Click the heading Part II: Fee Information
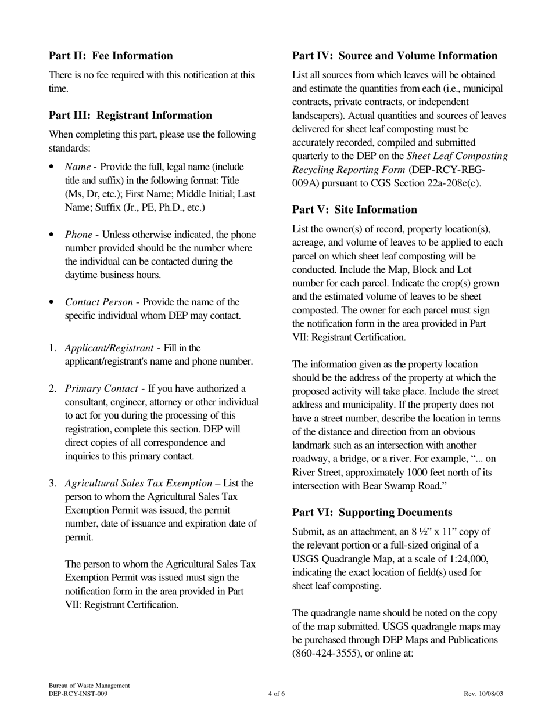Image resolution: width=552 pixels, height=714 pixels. coord(110,56)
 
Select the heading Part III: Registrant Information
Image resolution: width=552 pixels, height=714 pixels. coord(130,116)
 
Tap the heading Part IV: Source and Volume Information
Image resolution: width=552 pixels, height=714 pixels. coord(395,56)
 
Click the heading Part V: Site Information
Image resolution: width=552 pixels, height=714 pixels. coord(354,210)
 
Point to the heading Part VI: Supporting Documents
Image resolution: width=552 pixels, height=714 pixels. coord(372,513)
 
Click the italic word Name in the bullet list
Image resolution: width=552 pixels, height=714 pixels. coord(77,167)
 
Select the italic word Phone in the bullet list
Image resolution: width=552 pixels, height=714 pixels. coord(78,235)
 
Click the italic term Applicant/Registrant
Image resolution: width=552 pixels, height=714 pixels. coord(109,348)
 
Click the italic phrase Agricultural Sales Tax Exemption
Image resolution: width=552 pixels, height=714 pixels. coord(138,484)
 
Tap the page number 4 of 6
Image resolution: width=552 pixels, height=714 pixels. coord(277,694)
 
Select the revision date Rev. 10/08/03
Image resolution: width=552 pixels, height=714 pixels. coord(483,694)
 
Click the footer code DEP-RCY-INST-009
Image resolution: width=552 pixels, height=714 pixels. coord(78,694)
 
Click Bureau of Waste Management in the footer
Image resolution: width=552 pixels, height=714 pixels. coord(89,686)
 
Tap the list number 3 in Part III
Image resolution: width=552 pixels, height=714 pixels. coord(52,484)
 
